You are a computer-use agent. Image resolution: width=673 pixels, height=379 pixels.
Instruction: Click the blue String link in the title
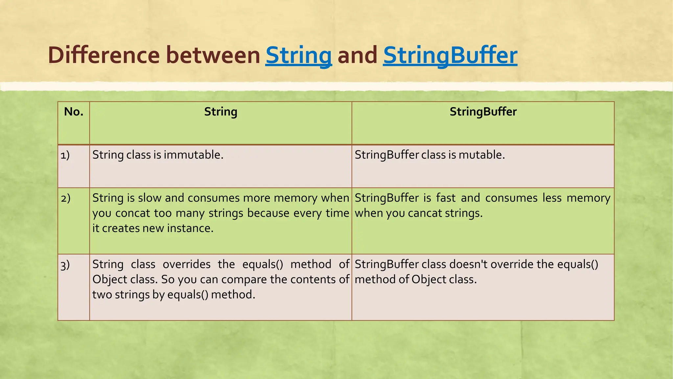coord(298,55)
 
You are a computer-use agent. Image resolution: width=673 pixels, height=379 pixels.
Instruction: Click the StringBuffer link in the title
coord(450,55)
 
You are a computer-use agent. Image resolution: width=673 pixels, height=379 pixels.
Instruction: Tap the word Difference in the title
coord(104,55)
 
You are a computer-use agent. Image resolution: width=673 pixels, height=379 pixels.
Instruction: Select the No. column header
coord(74,112)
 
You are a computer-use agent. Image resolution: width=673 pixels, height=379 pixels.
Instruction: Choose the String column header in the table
coord(220,112)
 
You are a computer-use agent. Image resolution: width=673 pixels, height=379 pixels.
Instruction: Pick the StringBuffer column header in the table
coord(483,112)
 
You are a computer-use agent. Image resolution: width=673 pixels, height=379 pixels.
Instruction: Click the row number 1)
coord(65,155)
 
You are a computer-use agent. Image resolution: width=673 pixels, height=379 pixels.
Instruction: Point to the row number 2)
coord(65,198)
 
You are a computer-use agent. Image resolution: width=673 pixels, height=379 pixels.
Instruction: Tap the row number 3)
coord(65,265)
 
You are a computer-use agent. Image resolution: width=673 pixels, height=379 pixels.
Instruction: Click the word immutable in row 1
coord(193,155)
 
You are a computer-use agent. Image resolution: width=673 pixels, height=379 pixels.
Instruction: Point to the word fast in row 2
coord(446,198)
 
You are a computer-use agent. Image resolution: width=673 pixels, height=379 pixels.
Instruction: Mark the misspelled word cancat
coord(425,213)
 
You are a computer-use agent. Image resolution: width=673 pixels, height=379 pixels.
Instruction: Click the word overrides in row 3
coord(187,264)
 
